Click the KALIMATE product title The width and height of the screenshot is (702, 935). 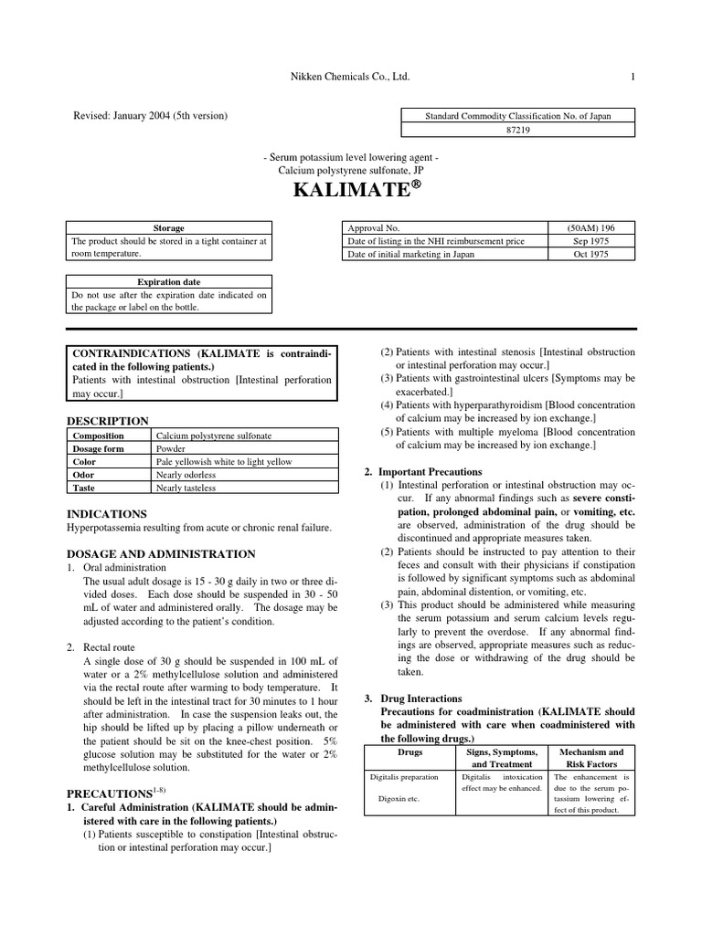(352, 194)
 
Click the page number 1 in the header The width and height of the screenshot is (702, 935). (632, 78)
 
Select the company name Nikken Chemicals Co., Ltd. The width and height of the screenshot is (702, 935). (351, 78)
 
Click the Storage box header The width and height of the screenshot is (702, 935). (168, 227)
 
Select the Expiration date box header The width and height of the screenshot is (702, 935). (168, 282)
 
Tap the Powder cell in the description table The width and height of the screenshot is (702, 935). (171, 449)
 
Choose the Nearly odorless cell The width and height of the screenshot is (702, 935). (186, 475)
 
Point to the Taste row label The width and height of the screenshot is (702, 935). (84, 489)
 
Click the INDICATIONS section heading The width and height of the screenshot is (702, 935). (107, 514)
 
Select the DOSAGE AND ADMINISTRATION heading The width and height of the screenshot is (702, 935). (162, 553)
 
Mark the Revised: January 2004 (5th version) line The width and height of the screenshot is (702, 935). (150, 116)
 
